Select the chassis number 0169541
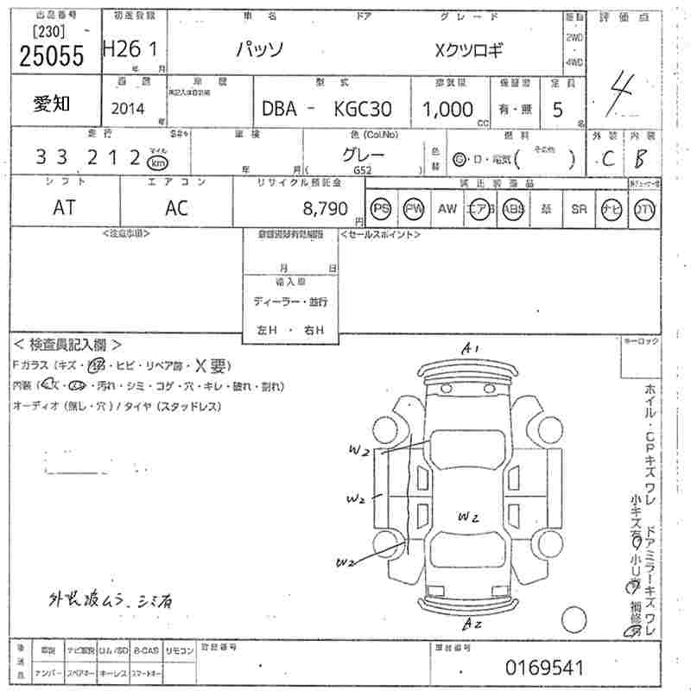coord(546,667)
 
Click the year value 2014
coord(130,109)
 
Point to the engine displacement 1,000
coord(447,109)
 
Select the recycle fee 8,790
coord(326,208)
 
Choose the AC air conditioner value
coord(176,208)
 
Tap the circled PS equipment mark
coord(381,208)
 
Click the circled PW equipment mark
coord(415,208)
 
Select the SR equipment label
coord(579,208)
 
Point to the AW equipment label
coord(447,208)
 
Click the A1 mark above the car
coord(471,349)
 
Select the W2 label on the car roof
coord(469,517)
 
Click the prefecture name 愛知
coord(53,105)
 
